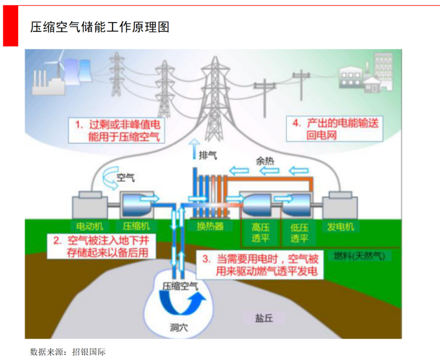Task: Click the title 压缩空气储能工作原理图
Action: [100, 27]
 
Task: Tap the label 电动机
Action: [90, 227]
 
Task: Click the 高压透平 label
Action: [261, 233]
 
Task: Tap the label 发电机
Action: [341, 227]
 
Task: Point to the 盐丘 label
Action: [264, 318]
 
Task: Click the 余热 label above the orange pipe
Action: [265, 161]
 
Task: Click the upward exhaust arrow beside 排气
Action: [194, 148]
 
